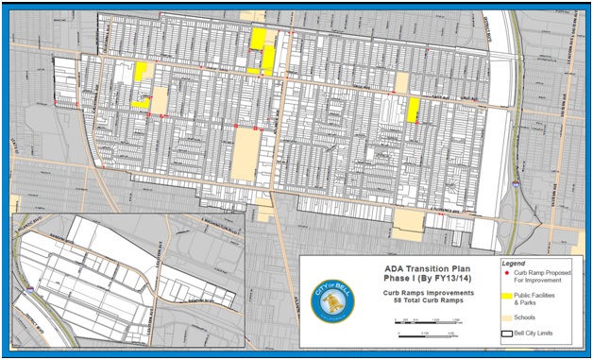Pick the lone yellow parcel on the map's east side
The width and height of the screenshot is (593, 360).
413,109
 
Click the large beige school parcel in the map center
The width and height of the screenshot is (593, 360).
245,155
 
